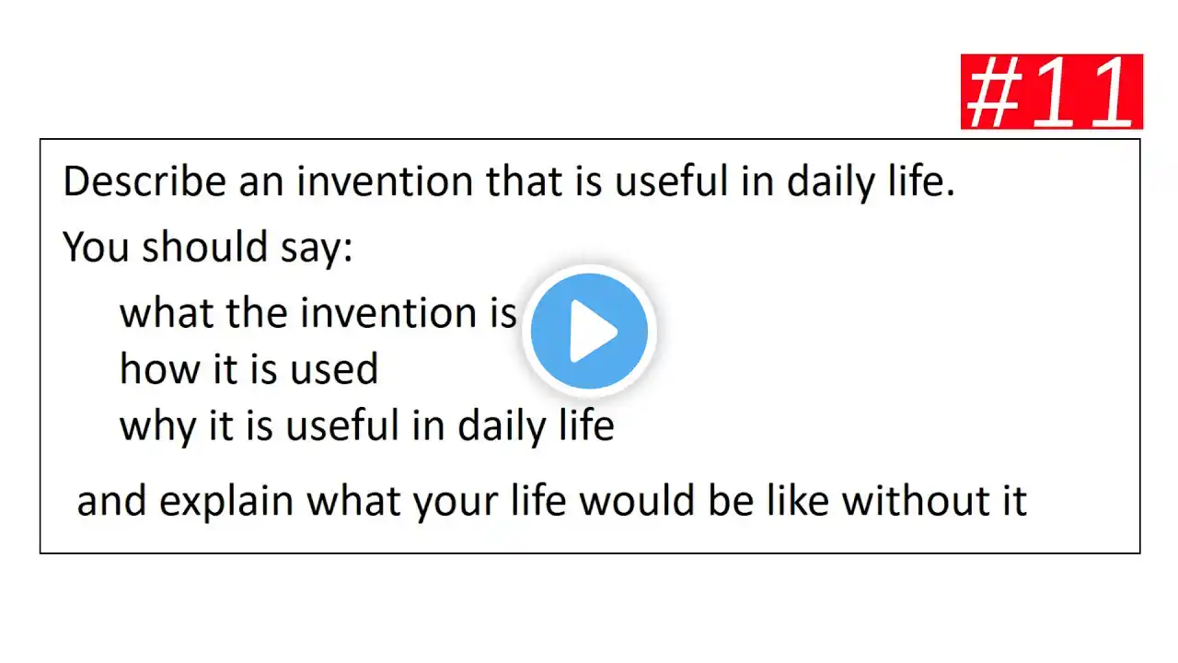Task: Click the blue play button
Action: [589, 331]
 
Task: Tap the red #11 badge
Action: [1052, 91]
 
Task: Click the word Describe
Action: [144, 181]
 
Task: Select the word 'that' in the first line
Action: [525, 181]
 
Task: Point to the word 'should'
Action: [205, 247]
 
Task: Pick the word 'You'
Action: [96, 247]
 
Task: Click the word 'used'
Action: [334, 368]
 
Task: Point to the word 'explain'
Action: [226, 503]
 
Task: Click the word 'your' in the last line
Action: [456, 504]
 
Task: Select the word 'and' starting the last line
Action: [111, 500]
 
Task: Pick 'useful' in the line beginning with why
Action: [341, 425]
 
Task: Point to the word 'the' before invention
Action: [257, 312]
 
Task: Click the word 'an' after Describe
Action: [261, 185]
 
